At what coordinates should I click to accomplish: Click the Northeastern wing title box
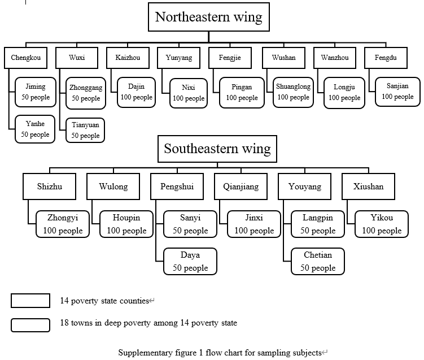point(209,17)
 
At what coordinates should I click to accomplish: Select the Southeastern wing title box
point(217,149)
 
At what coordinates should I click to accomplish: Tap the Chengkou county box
point(26,58)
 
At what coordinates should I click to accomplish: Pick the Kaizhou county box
point(128,58)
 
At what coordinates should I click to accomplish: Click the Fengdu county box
point(386,58)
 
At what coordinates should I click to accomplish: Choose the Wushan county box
point(283,58)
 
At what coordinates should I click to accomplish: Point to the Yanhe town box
point(35,129)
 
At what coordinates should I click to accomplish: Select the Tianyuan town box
point(85,130)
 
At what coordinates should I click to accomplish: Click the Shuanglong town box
point(293,92)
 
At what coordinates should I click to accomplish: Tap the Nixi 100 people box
point(189,93)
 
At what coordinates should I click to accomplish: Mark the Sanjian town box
point(397,92)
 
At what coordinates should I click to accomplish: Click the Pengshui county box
point(177,186)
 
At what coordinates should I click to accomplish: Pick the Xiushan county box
point(368,186)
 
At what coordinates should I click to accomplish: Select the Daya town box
point(190,261)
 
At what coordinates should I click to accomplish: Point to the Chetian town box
point(318,261)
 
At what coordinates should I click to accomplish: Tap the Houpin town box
point(126,224)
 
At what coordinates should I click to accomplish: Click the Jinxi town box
point(254,224)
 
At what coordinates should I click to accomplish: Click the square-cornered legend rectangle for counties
point(30,301)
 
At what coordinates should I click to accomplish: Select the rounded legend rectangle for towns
point(30,325)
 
